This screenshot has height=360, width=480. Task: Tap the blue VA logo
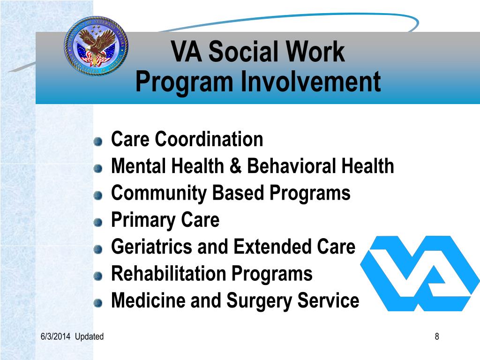[420, 273]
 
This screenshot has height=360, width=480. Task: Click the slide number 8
[437, 337]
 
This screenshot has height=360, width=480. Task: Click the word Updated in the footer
[89, 337]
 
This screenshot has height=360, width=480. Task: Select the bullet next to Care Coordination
[97, 141]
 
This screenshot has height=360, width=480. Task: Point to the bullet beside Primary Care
[97, 222]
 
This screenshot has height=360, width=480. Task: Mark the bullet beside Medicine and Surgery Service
[97, 303]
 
